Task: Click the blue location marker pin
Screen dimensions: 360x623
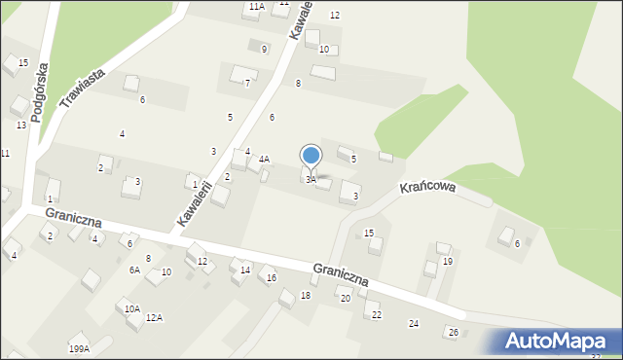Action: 311,158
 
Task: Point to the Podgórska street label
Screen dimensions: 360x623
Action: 39,95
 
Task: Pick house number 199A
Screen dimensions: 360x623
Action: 79,348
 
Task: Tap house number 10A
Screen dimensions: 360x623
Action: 132,308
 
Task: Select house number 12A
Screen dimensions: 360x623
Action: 154,318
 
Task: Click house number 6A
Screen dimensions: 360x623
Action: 134,270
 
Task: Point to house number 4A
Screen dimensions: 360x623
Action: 264,159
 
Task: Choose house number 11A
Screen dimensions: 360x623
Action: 256,7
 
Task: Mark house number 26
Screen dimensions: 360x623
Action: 453,333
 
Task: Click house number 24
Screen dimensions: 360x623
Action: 414,323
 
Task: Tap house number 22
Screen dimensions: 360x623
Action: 377,315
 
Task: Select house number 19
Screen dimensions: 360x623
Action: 448,262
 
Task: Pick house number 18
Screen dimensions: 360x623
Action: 305,295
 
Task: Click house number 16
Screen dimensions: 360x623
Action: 272,279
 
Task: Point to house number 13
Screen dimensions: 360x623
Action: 20,125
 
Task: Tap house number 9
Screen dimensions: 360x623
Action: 264,49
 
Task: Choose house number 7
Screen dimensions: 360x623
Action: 247,84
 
